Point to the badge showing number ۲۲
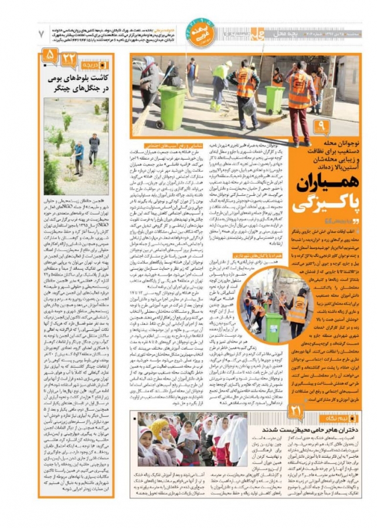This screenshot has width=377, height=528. (69, 58)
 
